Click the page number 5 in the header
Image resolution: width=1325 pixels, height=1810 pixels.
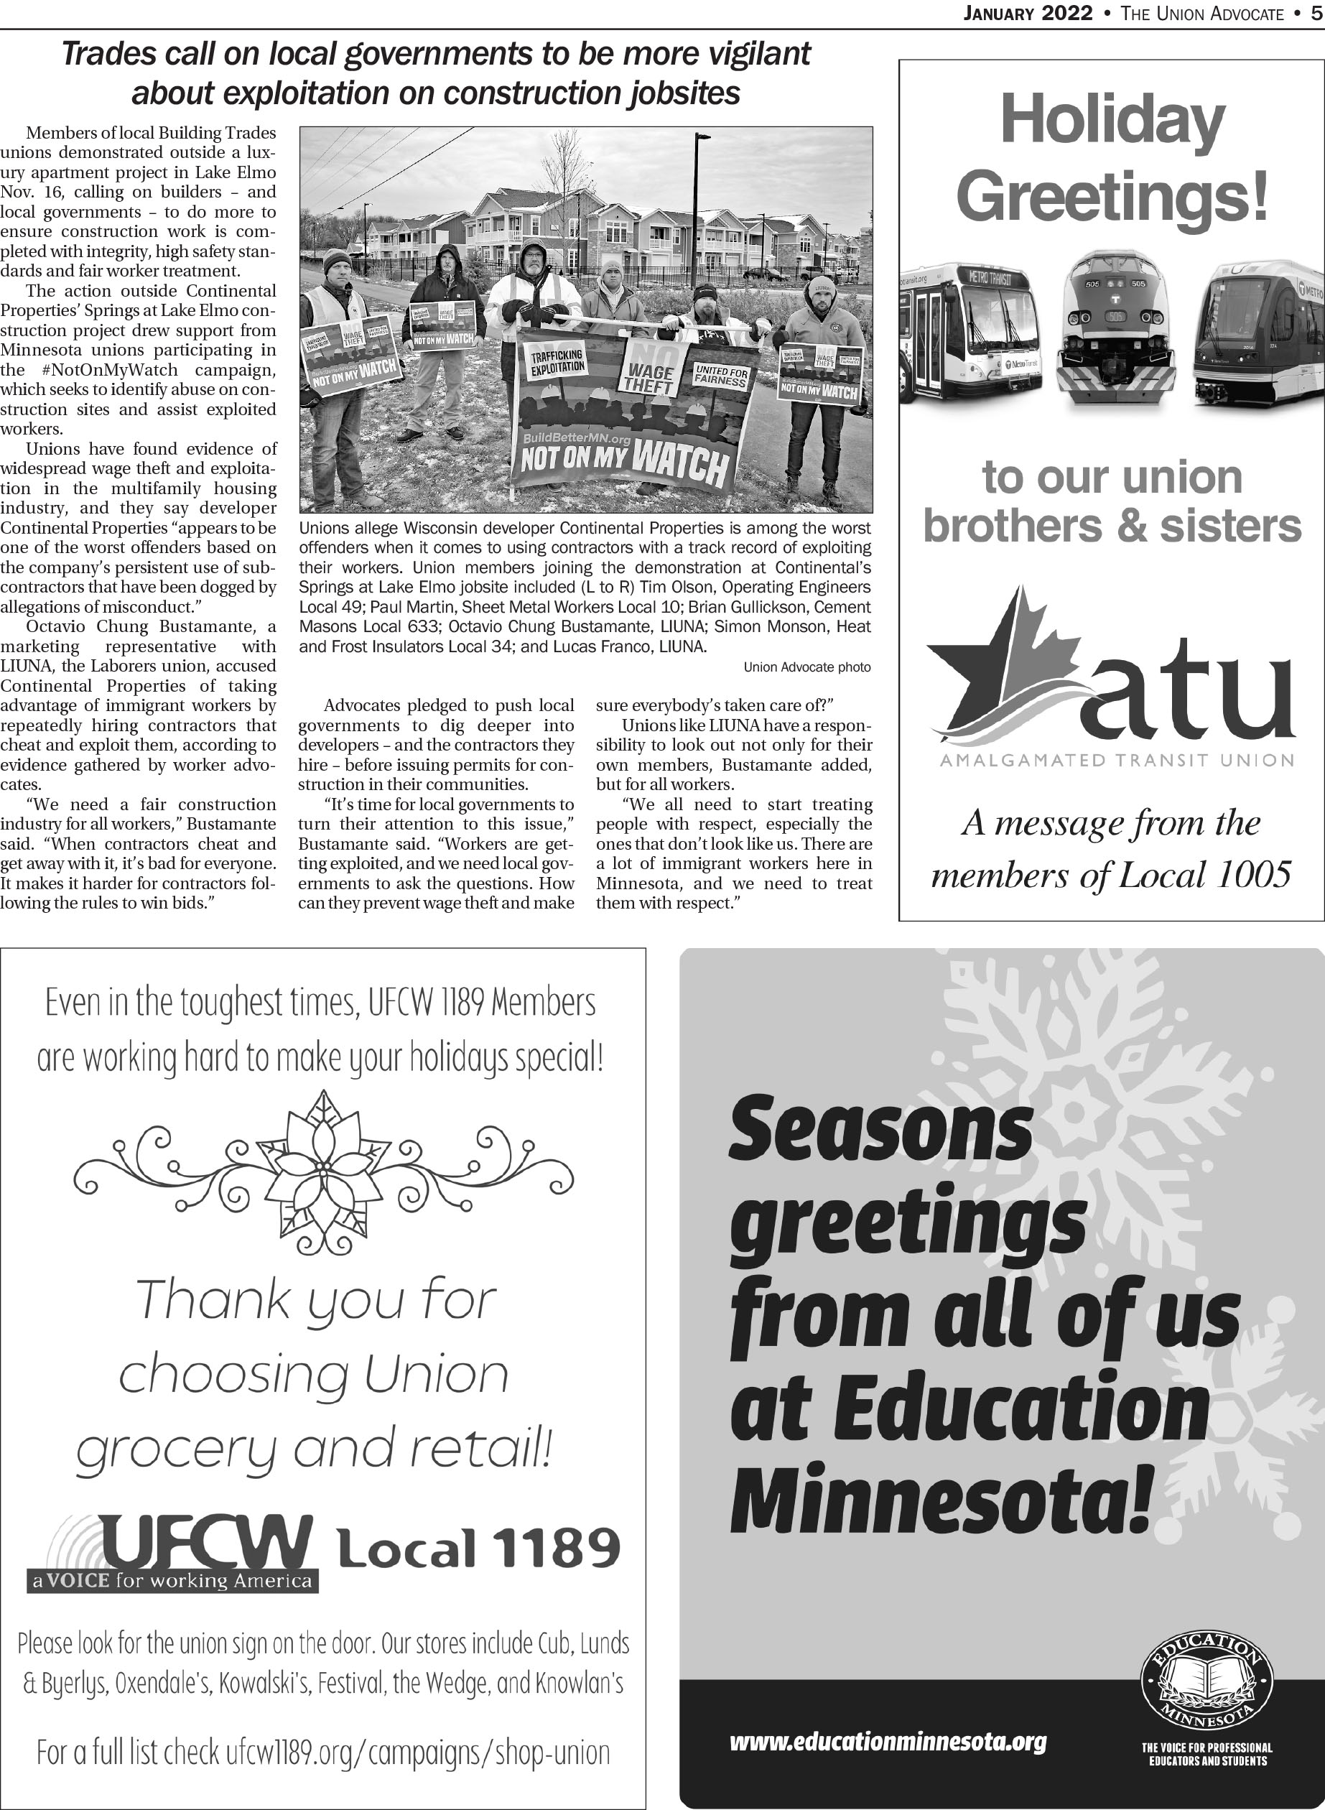pyautogui.click(x=1316, y=14)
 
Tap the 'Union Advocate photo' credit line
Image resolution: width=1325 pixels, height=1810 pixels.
pyautogui.click(x=806, y=667)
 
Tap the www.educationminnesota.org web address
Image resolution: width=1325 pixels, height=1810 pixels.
pyautogui.click(x=888, y=1742)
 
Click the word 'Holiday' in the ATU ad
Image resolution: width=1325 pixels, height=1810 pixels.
pyautogui.click(x=1112, y=120)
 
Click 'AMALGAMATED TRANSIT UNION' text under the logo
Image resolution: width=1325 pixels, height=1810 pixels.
pyautogui.click(x=1116, y=760)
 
